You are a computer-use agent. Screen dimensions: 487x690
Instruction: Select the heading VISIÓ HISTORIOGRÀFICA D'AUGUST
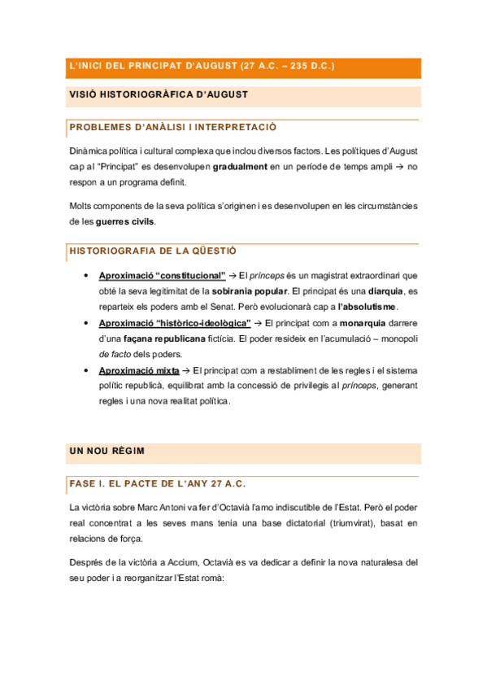159,96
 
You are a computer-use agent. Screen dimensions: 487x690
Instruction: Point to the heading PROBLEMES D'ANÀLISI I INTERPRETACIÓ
173,128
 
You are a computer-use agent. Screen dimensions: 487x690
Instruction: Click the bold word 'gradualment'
240,167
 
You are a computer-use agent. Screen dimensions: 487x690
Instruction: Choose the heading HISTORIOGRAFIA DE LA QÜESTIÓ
153,251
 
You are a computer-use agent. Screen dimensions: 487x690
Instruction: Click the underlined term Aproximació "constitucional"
162,275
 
